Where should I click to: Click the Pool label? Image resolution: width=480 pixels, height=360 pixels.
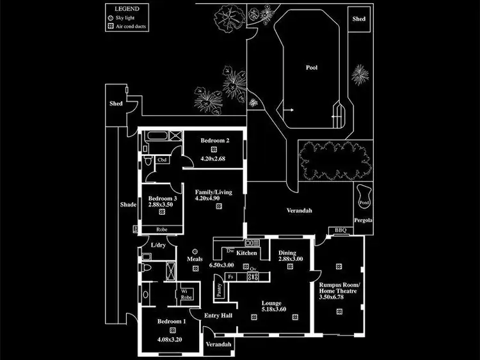312,67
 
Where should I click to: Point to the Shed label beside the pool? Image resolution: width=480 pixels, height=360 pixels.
359,19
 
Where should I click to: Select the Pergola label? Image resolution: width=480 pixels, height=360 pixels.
364,221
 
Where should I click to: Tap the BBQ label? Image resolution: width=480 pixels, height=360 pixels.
340,230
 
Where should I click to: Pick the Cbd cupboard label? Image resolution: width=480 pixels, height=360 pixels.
162,159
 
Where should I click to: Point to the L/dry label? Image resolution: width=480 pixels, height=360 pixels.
158,245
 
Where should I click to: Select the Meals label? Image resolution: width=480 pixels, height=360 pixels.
195,259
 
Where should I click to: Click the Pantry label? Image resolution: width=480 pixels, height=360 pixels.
220,290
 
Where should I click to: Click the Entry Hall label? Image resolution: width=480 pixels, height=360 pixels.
218,315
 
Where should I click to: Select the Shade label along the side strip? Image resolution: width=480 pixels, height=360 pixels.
128,205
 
